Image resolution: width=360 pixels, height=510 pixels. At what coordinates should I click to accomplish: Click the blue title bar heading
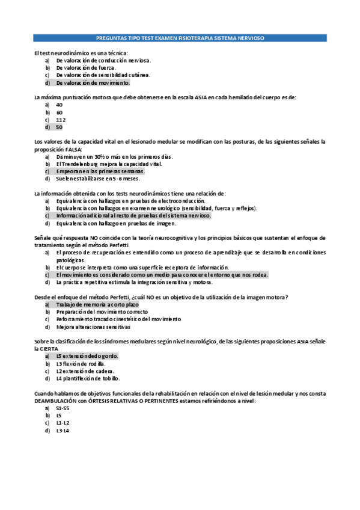coord(180,37)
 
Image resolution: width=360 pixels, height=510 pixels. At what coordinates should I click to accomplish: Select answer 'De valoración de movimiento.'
coord(93,82)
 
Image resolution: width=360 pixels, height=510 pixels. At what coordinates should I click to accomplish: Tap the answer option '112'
coord(61,120)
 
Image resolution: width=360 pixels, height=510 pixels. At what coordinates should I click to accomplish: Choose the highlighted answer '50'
coord(59,127)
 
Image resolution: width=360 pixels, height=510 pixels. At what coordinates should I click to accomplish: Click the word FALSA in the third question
coord(74,149)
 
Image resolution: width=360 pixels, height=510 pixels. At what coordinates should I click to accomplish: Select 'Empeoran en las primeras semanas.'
coord(100,171)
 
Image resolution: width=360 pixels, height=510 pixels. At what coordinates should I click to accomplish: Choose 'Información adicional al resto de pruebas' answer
coord(133,215)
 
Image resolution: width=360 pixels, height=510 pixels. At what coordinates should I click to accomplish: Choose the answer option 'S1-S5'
coord(62,408)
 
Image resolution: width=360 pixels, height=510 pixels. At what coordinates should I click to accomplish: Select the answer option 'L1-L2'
coord(62,423)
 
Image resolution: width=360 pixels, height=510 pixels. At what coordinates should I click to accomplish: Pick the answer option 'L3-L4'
coord(62,431)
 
